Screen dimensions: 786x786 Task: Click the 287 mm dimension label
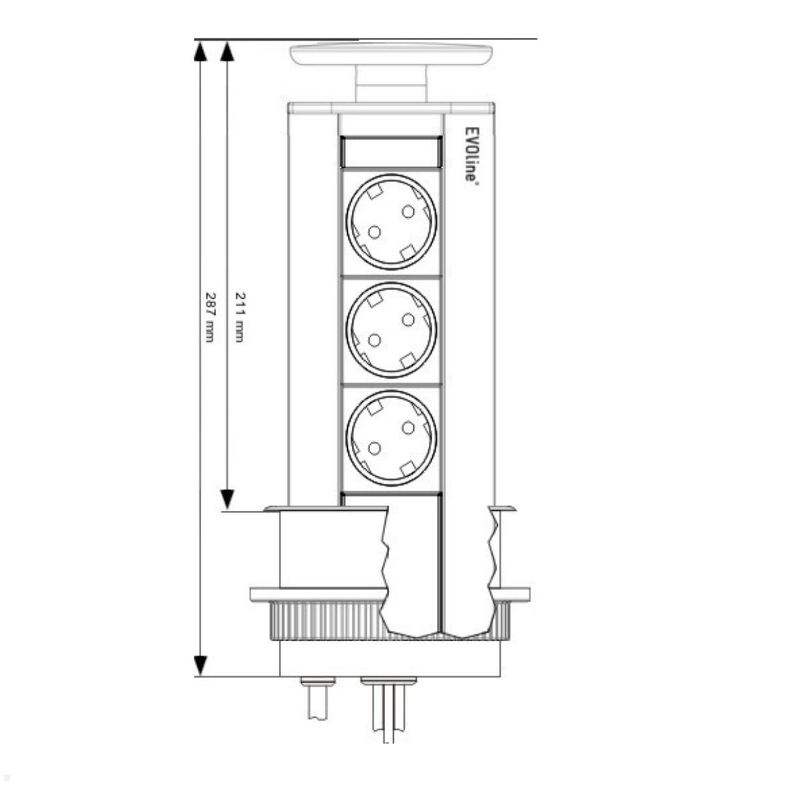tap(210, 316)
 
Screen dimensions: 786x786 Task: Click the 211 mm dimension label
tap(240, 316)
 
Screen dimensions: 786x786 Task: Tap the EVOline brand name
tap(471, 154)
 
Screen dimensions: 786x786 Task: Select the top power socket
tap(391, 222)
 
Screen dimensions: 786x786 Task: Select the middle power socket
tap(391, 330)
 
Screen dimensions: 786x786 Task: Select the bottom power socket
tap(391, 438)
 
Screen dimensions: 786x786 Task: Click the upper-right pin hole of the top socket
tap(408, 212)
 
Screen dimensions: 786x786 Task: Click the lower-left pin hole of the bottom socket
tap(374, 449)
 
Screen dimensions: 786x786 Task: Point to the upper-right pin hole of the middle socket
tap(408, 320)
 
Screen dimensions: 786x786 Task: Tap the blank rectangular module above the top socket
tap(391, 152)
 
